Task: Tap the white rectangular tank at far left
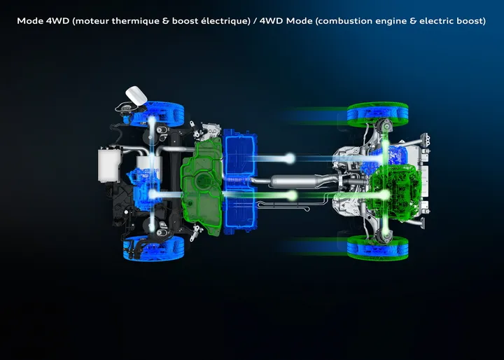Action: click(x=108, y=165)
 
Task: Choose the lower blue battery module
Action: click(x=240, y=211)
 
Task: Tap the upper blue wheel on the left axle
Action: click(x=153, y=113)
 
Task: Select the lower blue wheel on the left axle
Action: click(x=153, y=247)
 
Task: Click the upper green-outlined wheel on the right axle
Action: click(x=377, y=113)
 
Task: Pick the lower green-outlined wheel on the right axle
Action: click(x=377, y=247)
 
